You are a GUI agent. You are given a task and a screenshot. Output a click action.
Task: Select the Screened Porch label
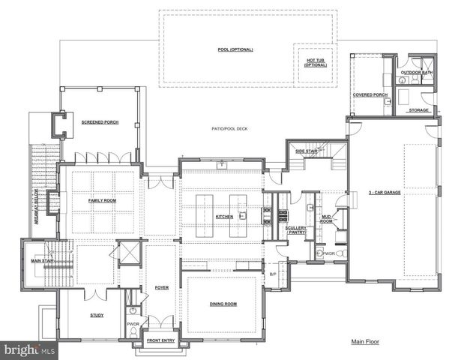pos(100,121)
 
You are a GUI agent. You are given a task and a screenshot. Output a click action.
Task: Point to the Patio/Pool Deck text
pos(229,129)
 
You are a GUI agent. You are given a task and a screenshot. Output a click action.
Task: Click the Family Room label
pos(100,201)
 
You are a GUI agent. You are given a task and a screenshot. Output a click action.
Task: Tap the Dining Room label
pos(223,304)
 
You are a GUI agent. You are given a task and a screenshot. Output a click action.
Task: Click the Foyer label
pos(162,286)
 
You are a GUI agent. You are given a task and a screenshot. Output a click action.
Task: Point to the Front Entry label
pos(160,340)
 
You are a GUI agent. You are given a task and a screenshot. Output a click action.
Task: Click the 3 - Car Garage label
pos(385,192)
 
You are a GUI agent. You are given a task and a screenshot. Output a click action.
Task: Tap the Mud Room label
pos(327,218)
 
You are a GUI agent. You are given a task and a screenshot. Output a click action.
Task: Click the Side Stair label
pos(307,151)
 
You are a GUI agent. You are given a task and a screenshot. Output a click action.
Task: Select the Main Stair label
pos(40,261)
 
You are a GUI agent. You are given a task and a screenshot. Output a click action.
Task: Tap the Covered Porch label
pos(370,95)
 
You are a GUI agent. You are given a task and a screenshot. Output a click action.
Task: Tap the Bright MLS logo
pos(30,350)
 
